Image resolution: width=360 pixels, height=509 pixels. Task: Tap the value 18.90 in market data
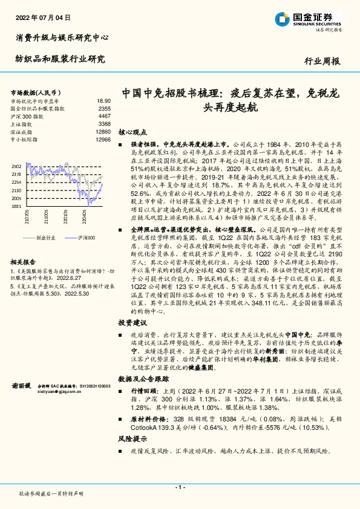coord(103,101)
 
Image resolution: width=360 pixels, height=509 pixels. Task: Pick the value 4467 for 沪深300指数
coord(104,116)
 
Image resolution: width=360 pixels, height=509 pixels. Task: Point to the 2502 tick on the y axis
coord(16,166)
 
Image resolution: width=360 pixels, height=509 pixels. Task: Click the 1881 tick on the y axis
coord(16,206)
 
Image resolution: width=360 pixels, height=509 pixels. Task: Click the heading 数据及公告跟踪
coord(140,378)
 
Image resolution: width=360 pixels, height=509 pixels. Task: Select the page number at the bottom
coord(179,487)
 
